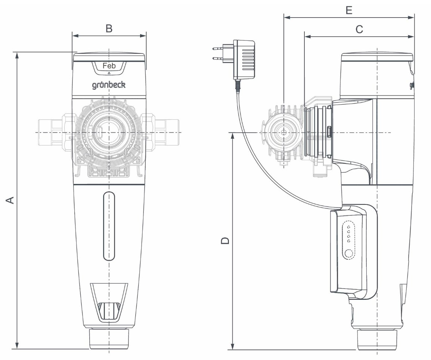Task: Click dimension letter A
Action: pyautogui.click(x=11, y=200)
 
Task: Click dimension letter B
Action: pyautogui.click(x=109, y=28)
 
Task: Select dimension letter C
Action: pyautogui.click(x=359, y=29)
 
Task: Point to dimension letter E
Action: pyautogui.click(x=349, y=10)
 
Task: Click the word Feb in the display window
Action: pyautogui.click(x=109, y=66)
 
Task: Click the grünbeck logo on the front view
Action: pyautogui.click(x=109, y=85)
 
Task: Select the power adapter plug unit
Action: pyautogui.click(x=244, y=60)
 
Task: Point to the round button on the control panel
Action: pyautogui.click(x=349, y=254)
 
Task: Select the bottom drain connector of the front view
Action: pyautogui.click(x=109, y=338)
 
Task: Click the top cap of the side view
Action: pyautogui.click(x=377, y=57)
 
